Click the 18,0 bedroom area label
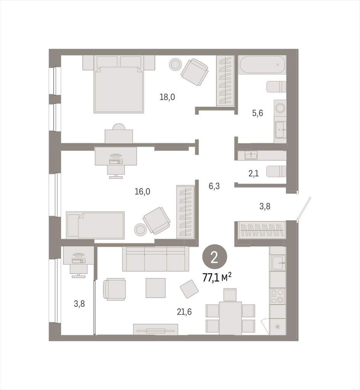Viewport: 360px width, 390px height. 167,97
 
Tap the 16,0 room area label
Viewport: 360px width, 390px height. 142,192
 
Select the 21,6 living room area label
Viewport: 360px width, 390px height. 184,312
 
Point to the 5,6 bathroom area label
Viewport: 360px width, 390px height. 258,113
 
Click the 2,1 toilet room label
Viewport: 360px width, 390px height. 253,173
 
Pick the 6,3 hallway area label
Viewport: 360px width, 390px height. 214,186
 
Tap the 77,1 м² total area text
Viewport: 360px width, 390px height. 217,278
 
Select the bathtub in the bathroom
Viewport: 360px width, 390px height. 262,64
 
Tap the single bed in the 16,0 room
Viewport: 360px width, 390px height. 95,225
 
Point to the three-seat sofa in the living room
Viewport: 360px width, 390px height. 155,259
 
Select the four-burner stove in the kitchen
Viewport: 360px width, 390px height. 278,296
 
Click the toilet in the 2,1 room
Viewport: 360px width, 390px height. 276,171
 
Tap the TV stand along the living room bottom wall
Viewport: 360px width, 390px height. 155,329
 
